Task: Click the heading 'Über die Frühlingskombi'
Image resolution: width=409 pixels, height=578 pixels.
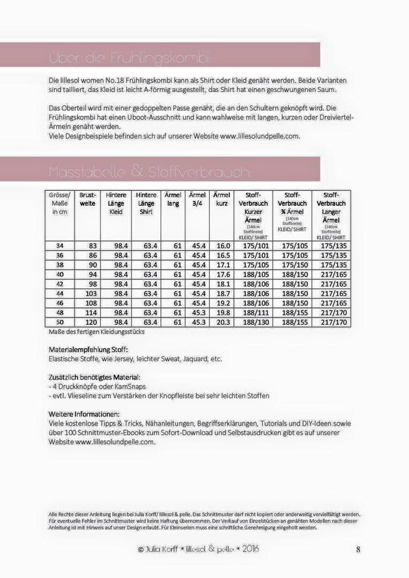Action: [129, 58]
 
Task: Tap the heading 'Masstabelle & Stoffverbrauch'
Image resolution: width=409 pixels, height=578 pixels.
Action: [148, 173]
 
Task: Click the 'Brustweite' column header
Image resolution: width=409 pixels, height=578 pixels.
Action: [88, 199]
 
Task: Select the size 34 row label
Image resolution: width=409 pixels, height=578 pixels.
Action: [59, 246]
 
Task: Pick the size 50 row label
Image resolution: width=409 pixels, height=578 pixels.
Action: [59, 322]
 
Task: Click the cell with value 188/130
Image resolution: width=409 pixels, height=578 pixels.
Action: [250, 322]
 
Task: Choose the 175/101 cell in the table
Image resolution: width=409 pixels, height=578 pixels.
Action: [250, 246]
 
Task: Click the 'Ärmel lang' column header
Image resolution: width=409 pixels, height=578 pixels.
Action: [173, 199]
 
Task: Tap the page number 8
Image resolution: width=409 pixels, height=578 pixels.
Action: [358, 549]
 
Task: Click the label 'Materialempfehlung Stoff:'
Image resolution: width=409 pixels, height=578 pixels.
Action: [88, 349]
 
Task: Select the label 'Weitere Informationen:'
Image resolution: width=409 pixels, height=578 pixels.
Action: [84, 414]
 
